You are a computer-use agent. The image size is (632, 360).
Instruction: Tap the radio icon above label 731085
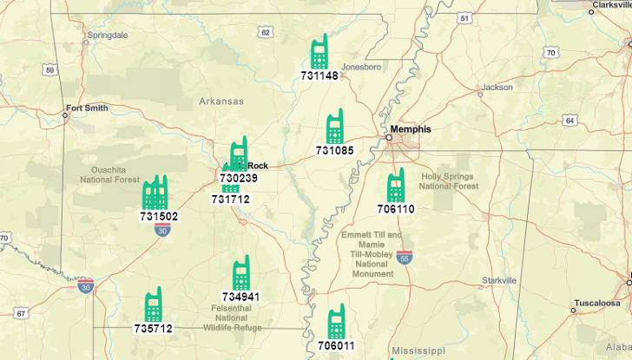click(x=334, y=127)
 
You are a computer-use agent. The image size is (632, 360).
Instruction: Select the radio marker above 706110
click(x=396, y=186)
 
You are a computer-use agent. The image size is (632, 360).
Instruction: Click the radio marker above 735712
click(x=154, y=305)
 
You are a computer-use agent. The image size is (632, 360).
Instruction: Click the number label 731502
click(x=159, y=216)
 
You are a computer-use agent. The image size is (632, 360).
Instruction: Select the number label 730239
click(x=239, y=178)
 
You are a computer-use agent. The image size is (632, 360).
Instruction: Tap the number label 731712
click(x=230, y=199)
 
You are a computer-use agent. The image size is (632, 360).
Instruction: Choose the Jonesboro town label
click(x=361, y=67)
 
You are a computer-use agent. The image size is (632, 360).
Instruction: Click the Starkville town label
click(x=499, y=280)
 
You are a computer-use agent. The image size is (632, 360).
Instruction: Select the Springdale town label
click(x=107, y=36)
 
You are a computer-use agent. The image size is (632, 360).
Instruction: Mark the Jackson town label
click(x=497, y=87)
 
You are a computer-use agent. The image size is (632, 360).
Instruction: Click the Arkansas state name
click(x=221, y=101)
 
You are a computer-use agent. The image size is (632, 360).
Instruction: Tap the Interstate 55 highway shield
click(x=404, y=258)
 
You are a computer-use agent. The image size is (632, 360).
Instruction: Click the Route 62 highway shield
click(x=265, y=32)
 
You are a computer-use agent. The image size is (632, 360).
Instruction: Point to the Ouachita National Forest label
click(x=109, y=174)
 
